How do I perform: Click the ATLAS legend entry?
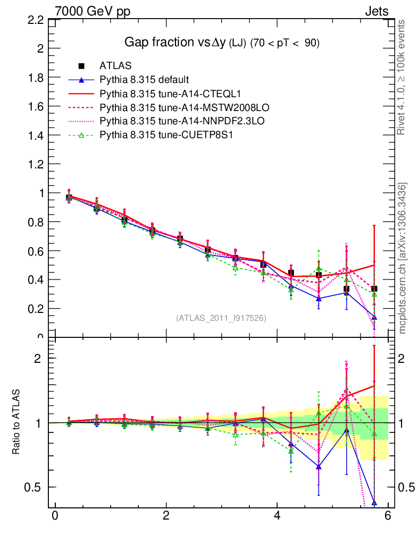tap(112, 66)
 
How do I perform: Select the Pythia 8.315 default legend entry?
tap(144, 80)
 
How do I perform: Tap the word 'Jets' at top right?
tap(376, 11)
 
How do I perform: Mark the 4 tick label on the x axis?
tap(277, 516)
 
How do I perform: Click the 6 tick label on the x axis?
tap(388, 516)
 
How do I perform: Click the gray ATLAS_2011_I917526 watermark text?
tap(221, 318)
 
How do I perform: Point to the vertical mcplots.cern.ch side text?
tap(403, 258)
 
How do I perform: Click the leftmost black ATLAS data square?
tap(69, 198)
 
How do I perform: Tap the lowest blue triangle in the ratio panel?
tap(374, 502)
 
